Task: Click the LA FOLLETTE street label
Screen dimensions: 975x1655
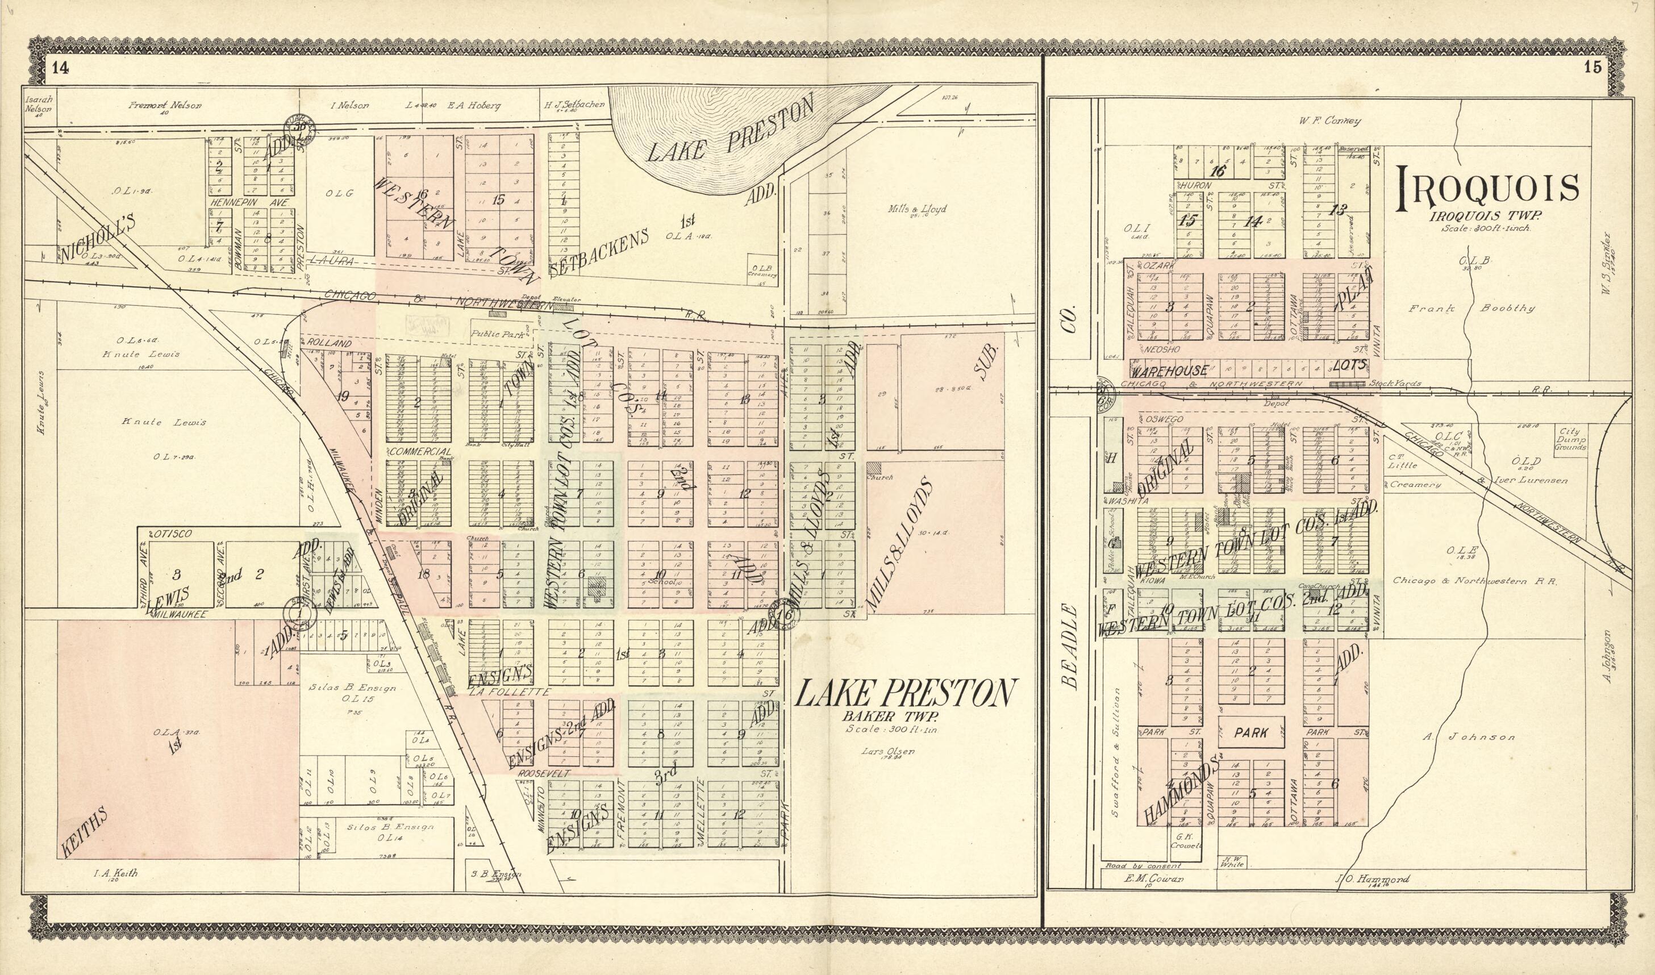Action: coord(509,692)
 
